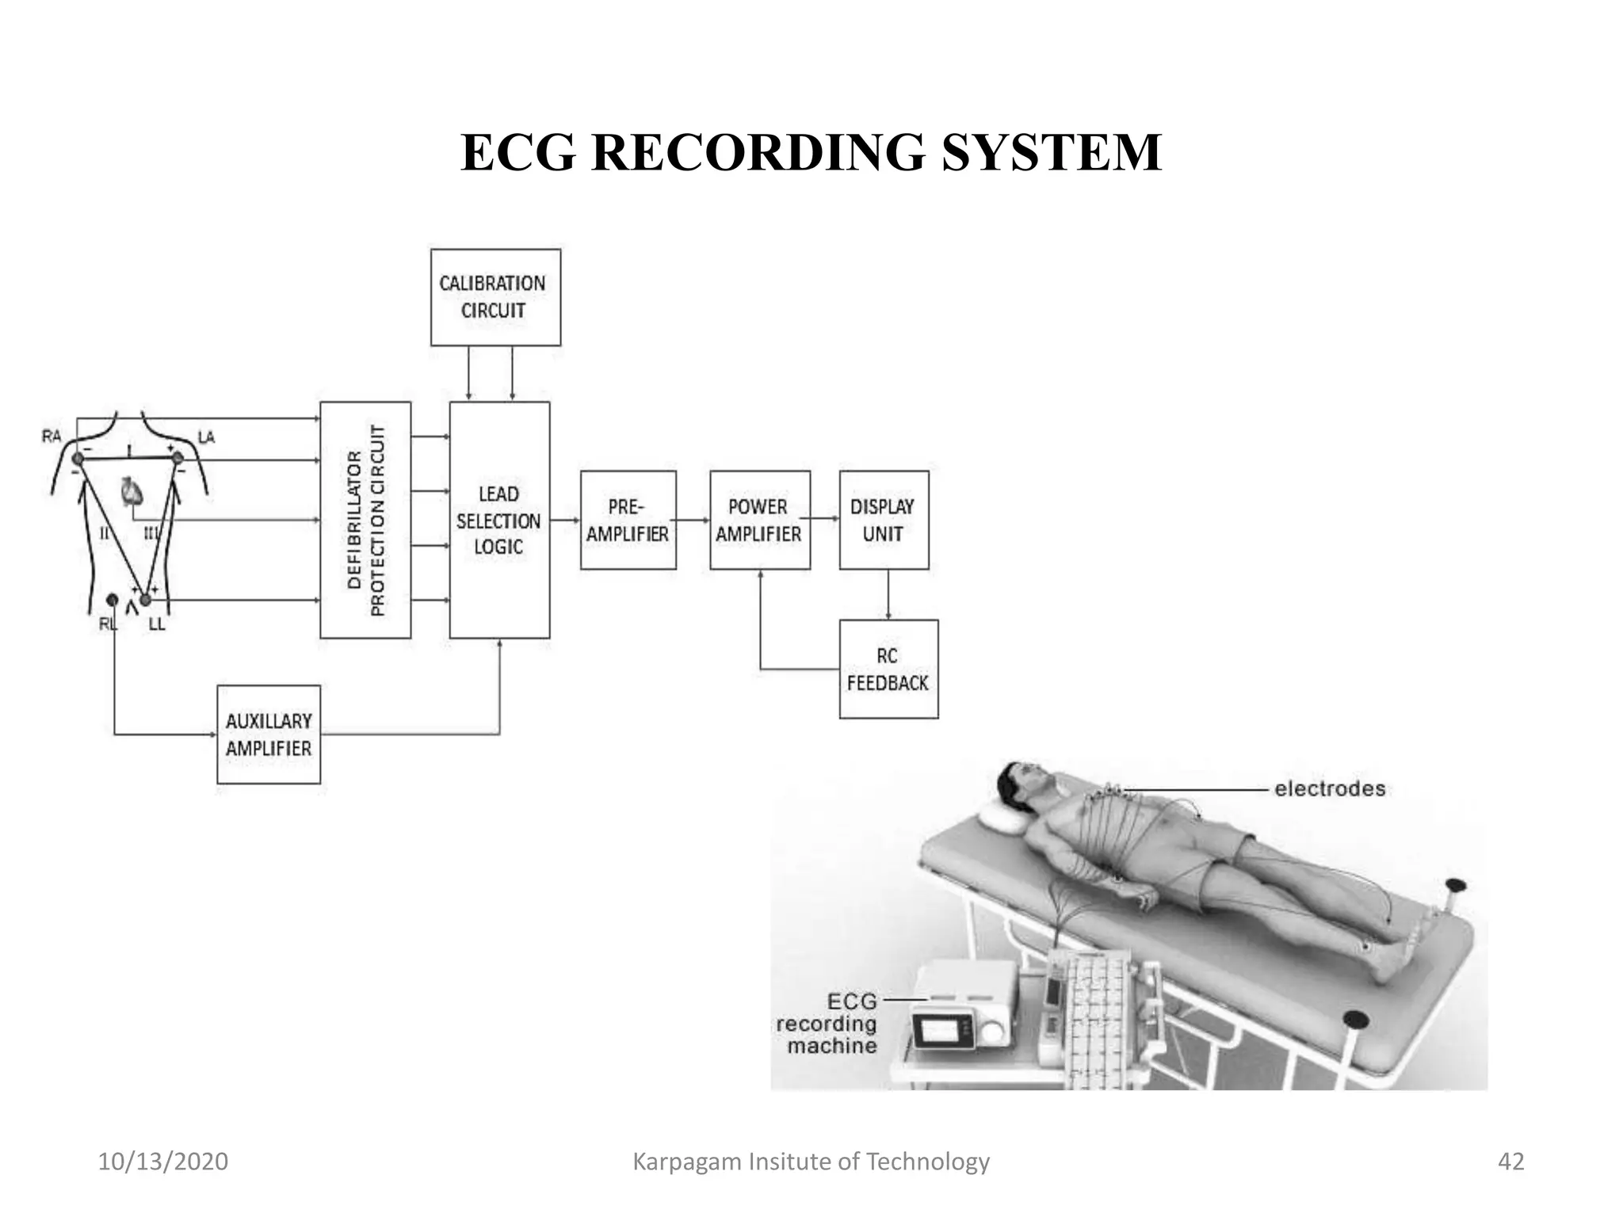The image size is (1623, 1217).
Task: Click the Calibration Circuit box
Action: click(x=495, y=297)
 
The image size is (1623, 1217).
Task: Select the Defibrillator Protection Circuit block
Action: click(x=365, y=520)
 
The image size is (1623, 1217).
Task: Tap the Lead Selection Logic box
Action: click(x=499, y=520)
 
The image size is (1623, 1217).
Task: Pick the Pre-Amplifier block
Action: click(x=628, y=520)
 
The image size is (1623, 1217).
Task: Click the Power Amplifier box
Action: click(x=759, y=520)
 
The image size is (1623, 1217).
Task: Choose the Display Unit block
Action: click(x=884, y=520)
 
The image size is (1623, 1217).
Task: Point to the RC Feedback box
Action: click(x=888, y=669)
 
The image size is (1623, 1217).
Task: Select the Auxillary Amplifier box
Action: click(x=269, y=734)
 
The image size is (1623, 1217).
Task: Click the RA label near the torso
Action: click(x=52, y=437)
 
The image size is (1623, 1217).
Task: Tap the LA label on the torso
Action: click(x=206, y=437)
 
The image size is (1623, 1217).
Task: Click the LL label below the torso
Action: click(x=157, y=624)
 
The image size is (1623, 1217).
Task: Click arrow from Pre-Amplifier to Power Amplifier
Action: click(x=693, y=520)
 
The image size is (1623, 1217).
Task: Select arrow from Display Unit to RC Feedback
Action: click(x=888, y=594)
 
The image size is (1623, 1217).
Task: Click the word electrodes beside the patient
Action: click(x=1330, y=788)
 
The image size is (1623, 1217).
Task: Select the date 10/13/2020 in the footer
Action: click(x=162, y=1162)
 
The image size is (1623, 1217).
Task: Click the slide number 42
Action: click(x=1510, y=1162)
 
